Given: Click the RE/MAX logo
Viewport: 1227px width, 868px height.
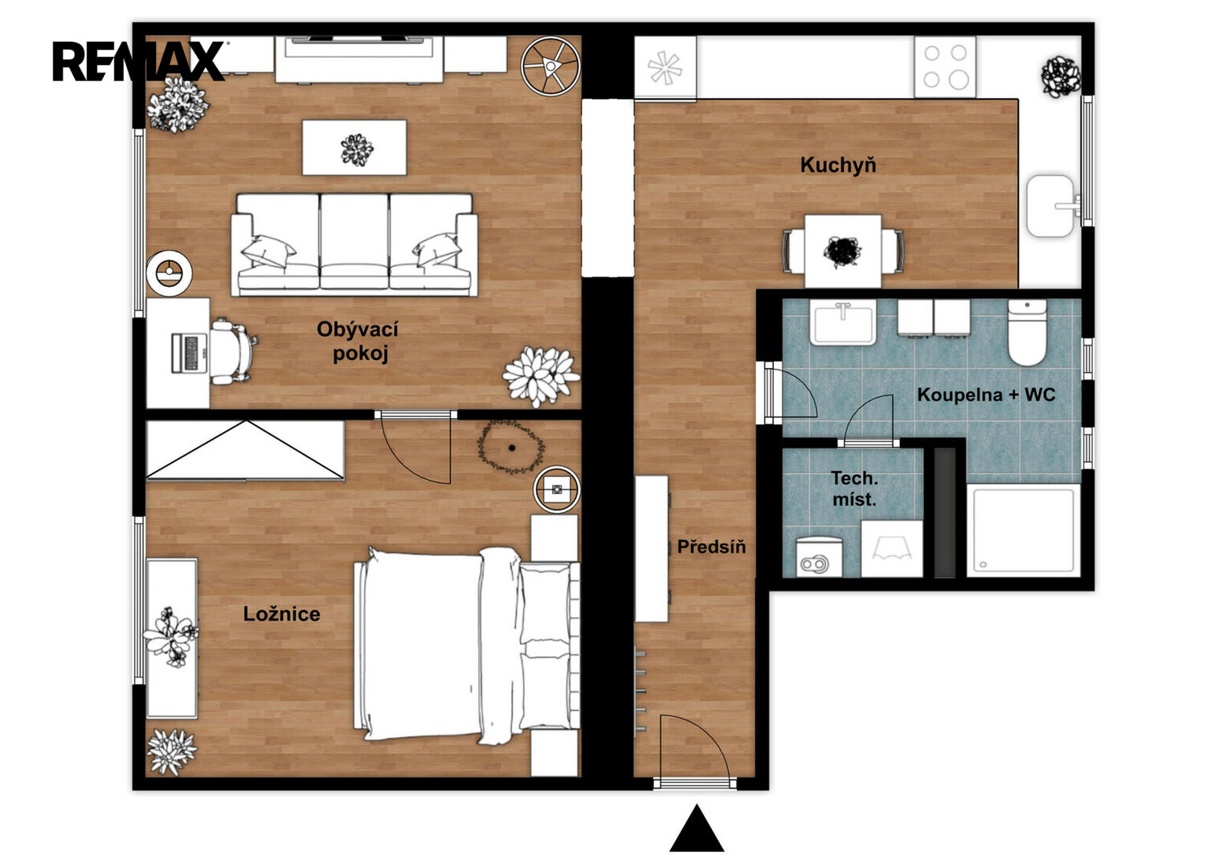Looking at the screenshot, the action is (138, 61).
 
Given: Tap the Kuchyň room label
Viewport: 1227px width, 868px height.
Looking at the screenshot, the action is (837, 165).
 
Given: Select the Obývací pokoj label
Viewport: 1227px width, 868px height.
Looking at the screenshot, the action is (358, 341).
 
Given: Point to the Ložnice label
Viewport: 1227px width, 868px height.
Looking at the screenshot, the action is (281, 613).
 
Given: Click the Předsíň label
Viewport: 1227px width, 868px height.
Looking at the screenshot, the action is (712, 546).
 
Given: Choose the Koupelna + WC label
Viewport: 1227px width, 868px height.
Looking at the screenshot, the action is (986, 395).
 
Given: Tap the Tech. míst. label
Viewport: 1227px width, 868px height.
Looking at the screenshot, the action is (854, 489).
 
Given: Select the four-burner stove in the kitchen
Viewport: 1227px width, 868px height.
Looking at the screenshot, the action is (945, 67).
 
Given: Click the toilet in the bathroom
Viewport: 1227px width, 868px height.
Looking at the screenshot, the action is (1027, 332).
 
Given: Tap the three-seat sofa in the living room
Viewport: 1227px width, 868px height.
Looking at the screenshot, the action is (354, 245).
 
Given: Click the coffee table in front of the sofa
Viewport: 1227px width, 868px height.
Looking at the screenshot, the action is (354, 147).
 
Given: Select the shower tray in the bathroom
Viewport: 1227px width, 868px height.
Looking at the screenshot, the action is (1023, 530).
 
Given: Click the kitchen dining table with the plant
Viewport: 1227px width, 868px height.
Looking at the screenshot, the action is (842, 251).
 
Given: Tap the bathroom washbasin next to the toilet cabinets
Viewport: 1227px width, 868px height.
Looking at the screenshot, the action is (844, 322).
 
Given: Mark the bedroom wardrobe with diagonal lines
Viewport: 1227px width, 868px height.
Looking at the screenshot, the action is (245, 450).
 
